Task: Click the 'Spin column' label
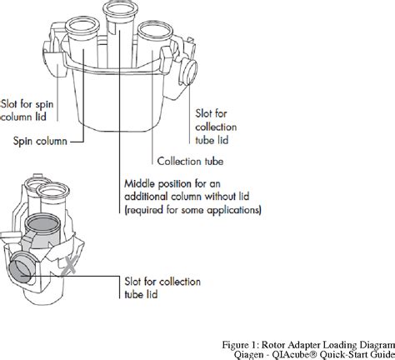[x=40, y=141]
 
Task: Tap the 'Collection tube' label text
[x=190, y=161]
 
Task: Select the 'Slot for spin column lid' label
[x=27, y=110]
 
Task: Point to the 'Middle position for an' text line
[x=172, y=183]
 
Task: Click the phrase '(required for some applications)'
[x=192, y=210]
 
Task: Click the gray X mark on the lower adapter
[x=69, y=266]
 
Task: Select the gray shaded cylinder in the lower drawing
[x=42, y=231]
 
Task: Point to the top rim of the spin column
[x=82, y=27]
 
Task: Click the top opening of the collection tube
[x=155, y=31]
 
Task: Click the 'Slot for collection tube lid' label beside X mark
[x=162, y=287]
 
